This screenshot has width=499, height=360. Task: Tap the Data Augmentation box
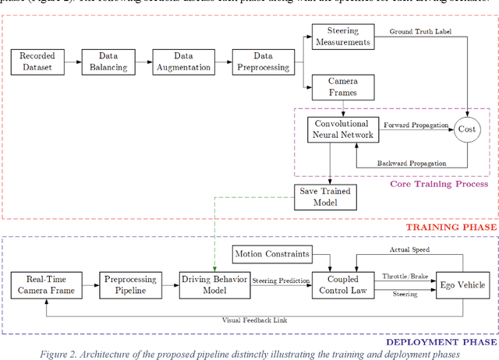[x=183, y=62]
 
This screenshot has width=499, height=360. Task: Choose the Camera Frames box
[x=342, y=86]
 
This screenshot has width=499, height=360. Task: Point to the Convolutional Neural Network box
[x=342, y=129]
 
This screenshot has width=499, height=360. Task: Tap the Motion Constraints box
[x=271, y=253]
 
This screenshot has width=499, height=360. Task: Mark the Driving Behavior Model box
[x=214, y=285]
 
